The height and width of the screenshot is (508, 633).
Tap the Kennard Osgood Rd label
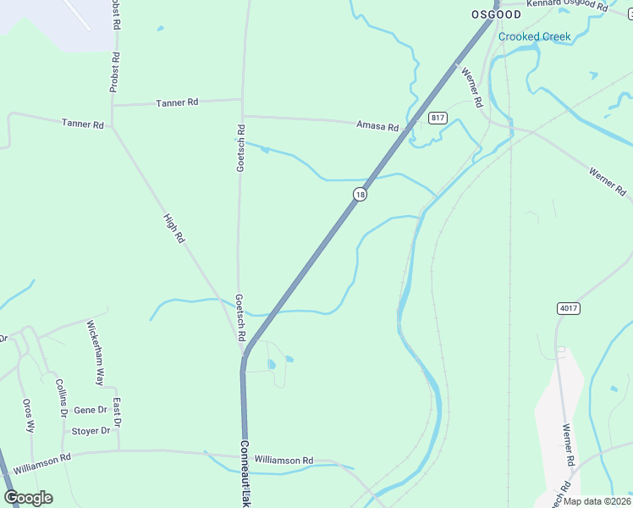[567, 5]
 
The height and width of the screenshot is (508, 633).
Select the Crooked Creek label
[534, 36]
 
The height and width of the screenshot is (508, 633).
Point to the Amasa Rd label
[377, 126]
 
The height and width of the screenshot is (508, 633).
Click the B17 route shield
[437, 118]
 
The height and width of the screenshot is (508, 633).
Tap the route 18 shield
[361, 195]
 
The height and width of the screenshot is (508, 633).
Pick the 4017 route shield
[569, 308]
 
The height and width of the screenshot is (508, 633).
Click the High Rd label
[173, 228]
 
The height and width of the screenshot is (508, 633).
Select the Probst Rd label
[114, 72]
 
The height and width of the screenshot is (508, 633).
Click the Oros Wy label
[29, 416]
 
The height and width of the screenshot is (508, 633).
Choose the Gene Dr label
[91, 410]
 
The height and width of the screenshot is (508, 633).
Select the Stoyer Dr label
[91, 431]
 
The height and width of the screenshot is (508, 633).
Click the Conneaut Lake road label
[245, 473]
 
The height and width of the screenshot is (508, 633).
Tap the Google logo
[28, 498]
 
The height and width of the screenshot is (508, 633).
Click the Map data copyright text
[597, 501]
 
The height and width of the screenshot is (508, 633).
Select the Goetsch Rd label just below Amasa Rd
[240, 149]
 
